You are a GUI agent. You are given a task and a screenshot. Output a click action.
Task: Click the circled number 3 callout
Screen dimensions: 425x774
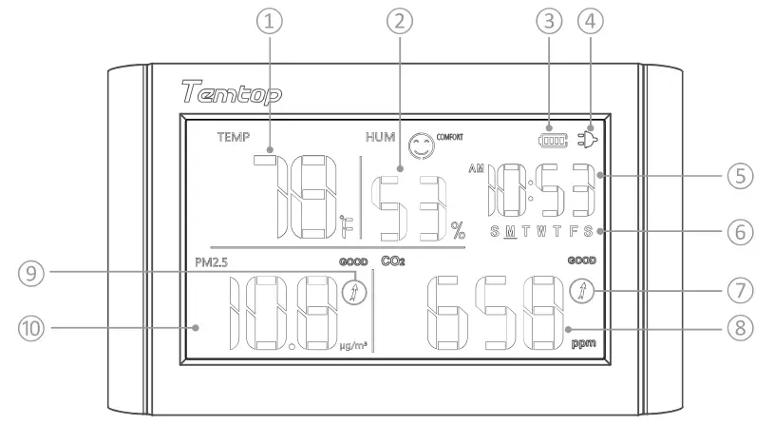click(x=551, y=23)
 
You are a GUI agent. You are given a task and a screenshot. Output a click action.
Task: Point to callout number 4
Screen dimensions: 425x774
click(x=594, y=23)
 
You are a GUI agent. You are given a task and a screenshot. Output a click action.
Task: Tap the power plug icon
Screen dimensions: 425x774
click(x=590, y=141)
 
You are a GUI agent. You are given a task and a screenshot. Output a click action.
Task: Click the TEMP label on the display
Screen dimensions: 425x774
click(x=232, y=137)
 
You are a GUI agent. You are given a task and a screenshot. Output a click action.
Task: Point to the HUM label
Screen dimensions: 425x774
click(x=381, y=137)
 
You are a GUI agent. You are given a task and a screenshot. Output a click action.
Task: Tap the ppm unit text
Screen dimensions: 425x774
click(x=584, y=344)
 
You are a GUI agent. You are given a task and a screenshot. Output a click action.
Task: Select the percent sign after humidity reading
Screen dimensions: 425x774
click(x=459, y=228)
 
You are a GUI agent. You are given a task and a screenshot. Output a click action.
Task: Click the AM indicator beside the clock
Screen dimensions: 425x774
click(x=476, y=169)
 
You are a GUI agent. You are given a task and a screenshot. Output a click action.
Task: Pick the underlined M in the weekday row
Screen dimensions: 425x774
click(x=510, y=232)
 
